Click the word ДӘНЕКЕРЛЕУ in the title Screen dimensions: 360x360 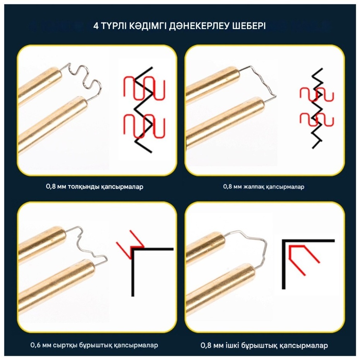point(199,26)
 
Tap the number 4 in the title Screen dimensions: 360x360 point(96,26)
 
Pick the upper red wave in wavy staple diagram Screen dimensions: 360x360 point(144,89)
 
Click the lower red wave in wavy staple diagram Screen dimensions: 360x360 point(144,126)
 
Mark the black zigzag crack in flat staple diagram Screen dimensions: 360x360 point(317,108)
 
